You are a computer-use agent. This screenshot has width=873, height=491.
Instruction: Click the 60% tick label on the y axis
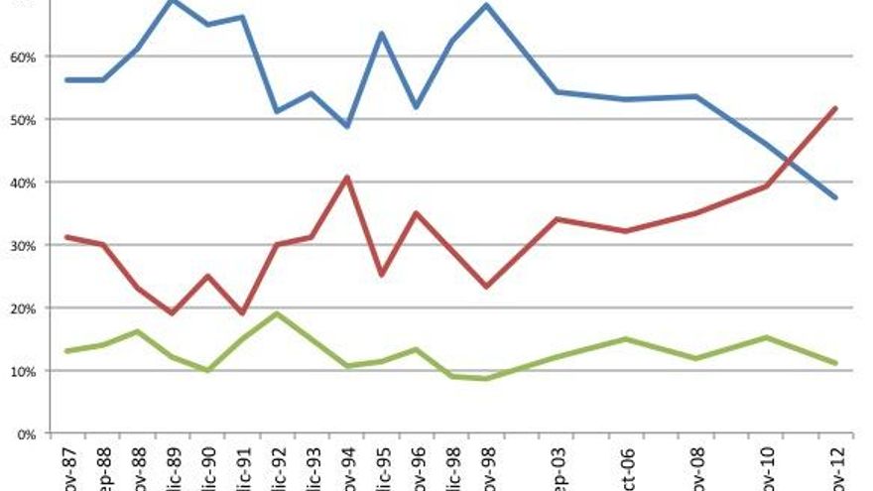coord(23,57)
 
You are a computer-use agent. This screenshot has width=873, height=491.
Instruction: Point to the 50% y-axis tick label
coord(23,120)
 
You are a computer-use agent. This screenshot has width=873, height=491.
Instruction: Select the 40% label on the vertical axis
coord(23,183)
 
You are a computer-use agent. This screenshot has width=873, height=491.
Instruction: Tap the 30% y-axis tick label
coord(23,245)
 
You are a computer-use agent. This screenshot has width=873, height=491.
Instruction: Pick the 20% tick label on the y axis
coord(23,308)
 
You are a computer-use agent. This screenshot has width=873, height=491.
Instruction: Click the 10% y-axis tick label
coord(23,371)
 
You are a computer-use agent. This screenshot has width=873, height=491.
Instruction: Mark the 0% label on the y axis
coord(27,433)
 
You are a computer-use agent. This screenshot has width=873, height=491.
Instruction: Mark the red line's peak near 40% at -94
coord(346,178)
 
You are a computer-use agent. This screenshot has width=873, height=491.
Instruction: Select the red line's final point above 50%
coord(836,108)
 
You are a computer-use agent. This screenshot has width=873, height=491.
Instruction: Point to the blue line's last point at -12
coord(836,197)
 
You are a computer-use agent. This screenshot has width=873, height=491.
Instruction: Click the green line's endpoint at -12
coord(836,363)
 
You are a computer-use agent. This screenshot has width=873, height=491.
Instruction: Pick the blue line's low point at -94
coord(346,127)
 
